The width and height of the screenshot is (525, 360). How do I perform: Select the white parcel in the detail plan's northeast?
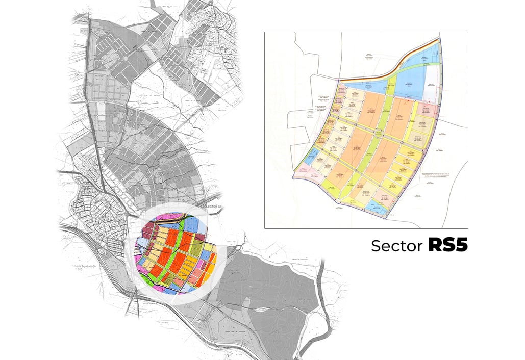[x=431, y=92]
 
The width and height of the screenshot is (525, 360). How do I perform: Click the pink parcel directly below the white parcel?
[x=430, y=109]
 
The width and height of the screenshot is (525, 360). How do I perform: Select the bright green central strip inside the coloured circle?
[x=176, y=255]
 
